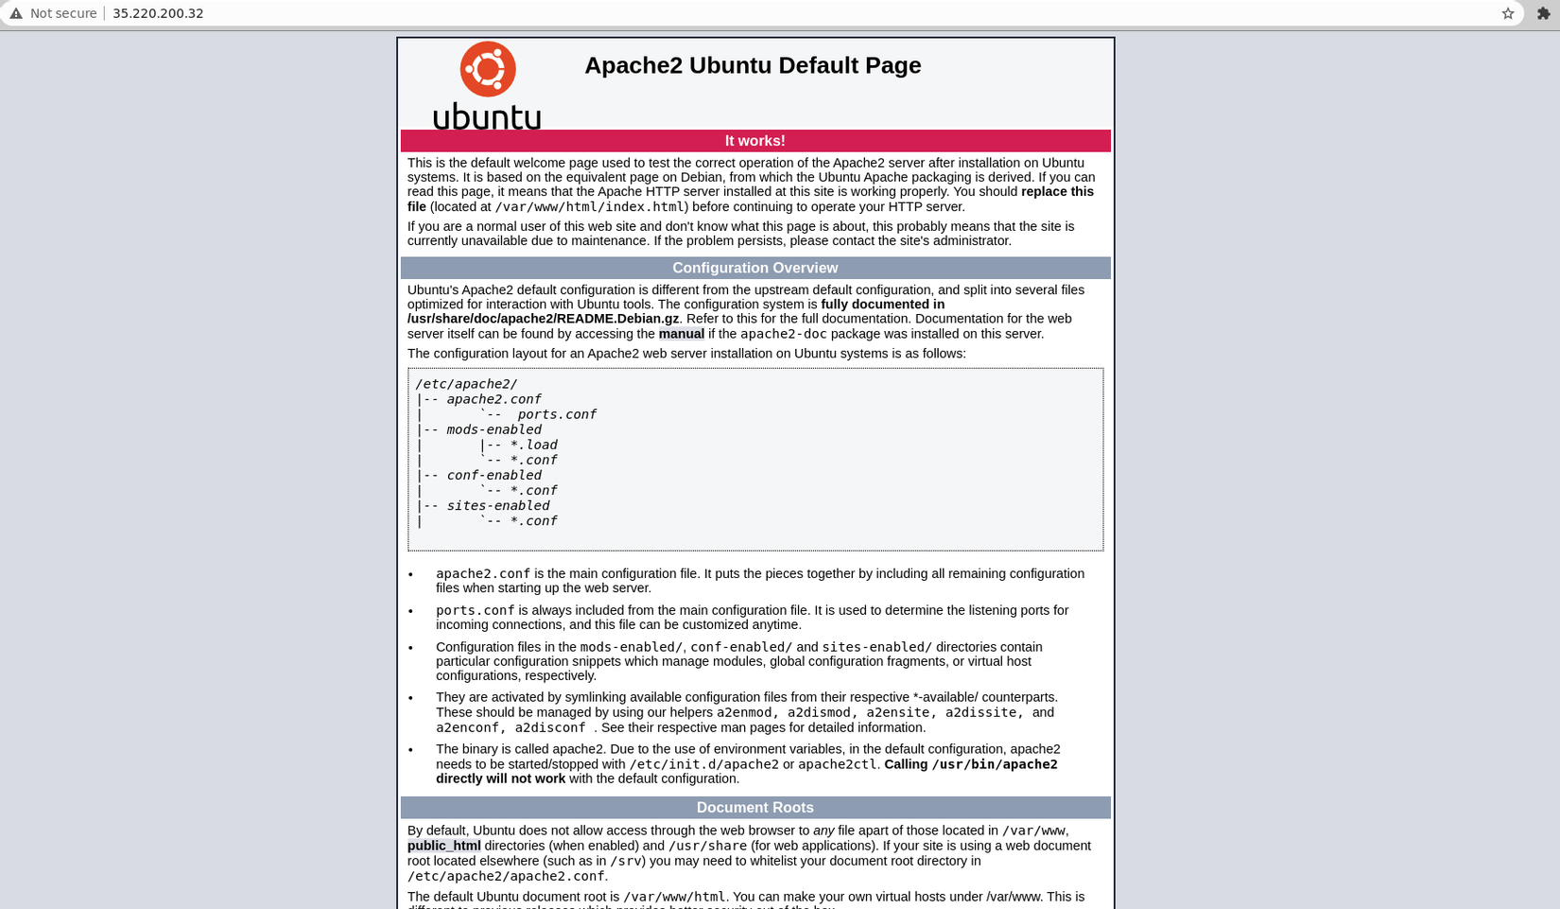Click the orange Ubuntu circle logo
click(x=488, y=69)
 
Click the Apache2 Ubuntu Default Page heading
click(x=753, y=65)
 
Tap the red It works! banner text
click(x=754, y=141)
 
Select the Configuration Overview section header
click(x=754, y=268)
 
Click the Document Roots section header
click(x=754, y=807)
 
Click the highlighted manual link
click(x=681, y=334)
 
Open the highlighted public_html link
click(x=443, y=846)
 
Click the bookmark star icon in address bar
click(x=1508, y=13)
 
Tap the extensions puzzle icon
click(x=1543, y=13)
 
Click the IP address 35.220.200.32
click(x=158, y=13)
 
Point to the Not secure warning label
click(x=62, y=13)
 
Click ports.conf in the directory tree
click(x=556, y=414)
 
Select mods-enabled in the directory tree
click(x=494, y=429)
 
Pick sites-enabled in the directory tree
click(x=497, y=505)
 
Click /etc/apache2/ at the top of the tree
click(x=466, y=384)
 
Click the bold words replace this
click(x=1057, y=191)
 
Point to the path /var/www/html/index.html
click(x=589, y=207)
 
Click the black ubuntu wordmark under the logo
click(x=487, y=116)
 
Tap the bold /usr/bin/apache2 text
click(x=995, y=764)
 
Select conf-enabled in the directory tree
click(x=494, y=475)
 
